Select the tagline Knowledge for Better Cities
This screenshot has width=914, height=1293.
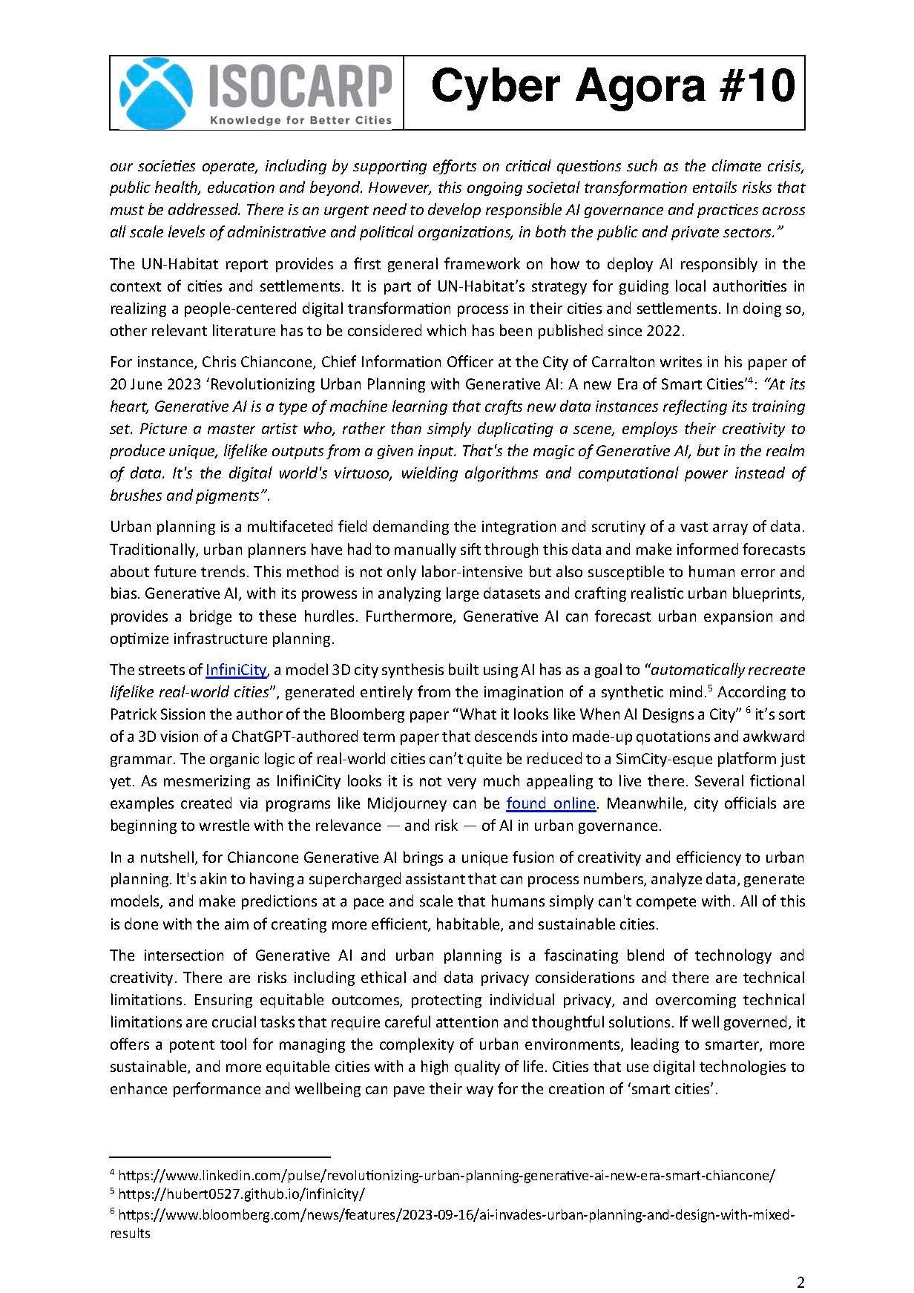pyautogui.click(x=300, y=120)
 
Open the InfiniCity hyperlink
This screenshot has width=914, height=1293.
pyautogui.click(x=236, y=670)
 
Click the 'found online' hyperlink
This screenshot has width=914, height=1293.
pyautogui.click(x=550, y=803)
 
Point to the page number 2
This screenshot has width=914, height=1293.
pyautogui.click(x=800, y=1263)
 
